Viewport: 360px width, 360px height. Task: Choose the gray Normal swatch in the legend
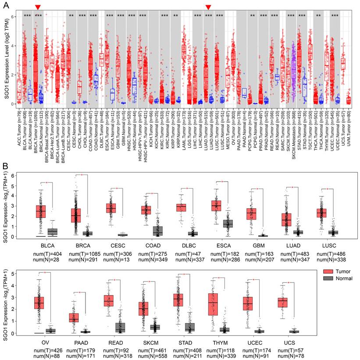tap(326, 278)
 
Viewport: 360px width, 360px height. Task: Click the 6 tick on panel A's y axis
tap(13, 17)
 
